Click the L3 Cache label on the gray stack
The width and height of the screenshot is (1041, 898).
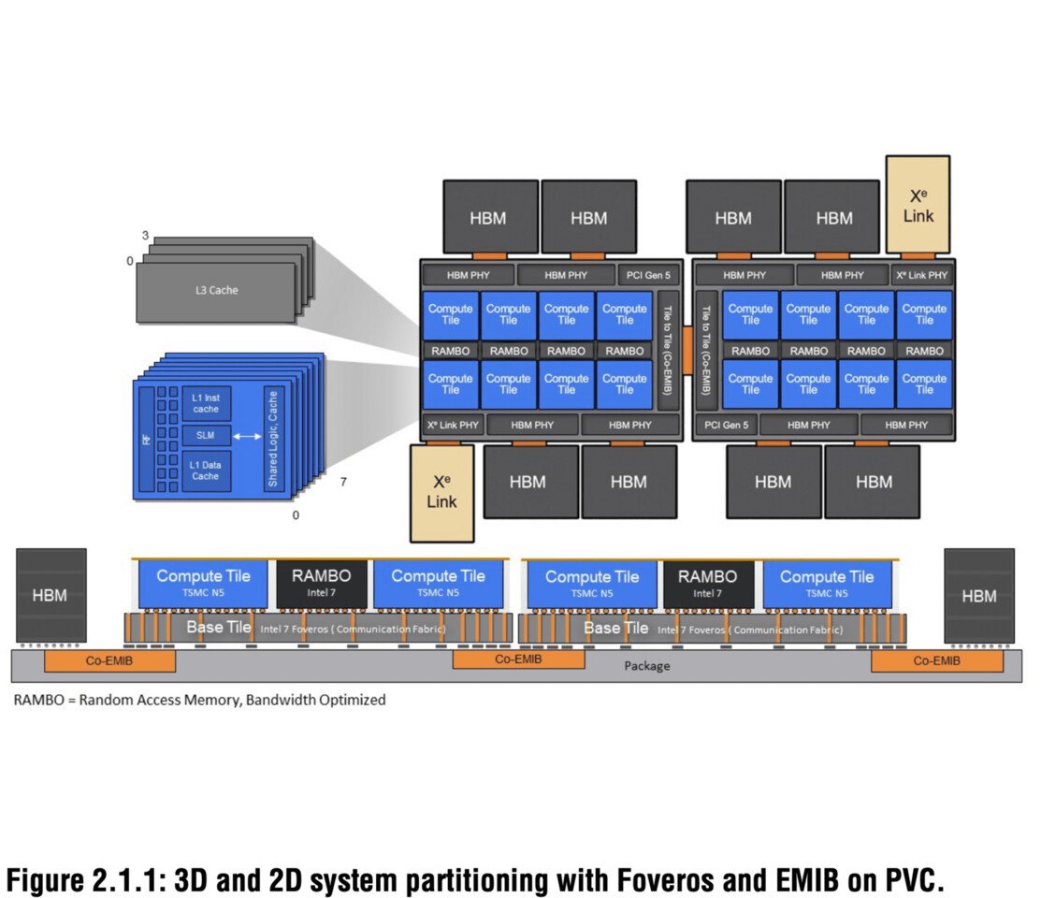pyautogui.click(x=210, y=290)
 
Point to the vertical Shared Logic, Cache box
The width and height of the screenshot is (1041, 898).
pyautogui.click(x=273, y=438)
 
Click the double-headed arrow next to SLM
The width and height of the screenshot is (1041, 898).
pyautogui.click(x=247, y=437)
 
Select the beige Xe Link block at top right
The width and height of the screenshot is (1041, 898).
pyautogui.click(x=918, y=205)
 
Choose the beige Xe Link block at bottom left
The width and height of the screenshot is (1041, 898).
pyautogui.click(x=441, y=492)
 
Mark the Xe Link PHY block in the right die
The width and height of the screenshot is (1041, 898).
pyautogui.click(x=921, y=275)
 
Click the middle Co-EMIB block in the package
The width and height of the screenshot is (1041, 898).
pyautogui.click(x=518, y=659)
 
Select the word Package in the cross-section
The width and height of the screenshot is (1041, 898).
pyautogui.click(x=647, y=666)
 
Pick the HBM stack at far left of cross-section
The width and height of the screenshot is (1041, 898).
pyautogui.click(x=51, y=595)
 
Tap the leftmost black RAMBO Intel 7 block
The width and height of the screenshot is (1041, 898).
pyautogui.click(x=321, y=584)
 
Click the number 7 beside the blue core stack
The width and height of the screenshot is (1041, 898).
pyautogui.click(x=343, y=483)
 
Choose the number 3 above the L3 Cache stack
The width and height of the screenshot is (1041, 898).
pyautogui.click(x=145, y=236)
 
